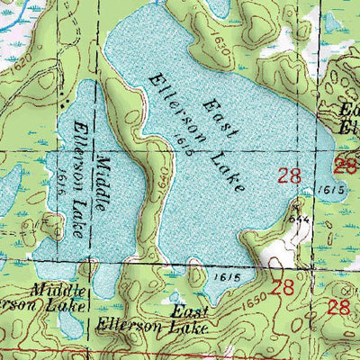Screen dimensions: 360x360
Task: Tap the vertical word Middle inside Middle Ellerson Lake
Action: click(106, 175)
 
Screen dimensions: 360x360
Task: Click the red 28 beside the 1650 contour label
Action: click(283, 288)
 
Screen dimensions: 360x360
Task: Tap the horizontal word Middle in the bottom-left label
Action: click(60, 290)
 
